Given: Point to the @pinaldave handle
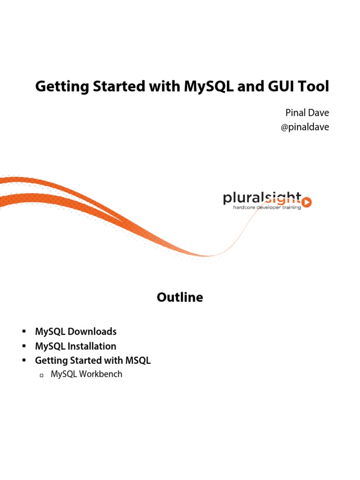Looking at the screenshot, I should tap(305, 127).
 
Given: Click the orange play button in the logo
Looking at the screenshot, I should tap(307, 202).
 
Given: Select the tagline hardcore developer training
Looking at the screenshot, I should tap(268, 207).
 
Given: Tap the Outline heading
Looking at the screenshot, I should tap(180, 297).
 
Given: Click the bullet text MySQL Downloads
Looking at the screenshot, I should tap(75, 331).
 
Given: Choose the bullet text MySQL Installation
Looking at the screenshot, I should tap(75, 346).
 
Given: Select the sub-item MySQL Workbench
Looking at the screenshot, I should tap(86, 374).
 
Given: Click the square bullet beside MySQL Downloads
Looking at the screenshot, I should tap(23, 331).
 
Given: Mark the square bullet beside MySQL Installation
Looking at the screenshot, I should tap(23, 346).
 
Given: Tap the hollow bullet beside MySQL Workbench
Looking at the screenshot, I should tap(41, 375).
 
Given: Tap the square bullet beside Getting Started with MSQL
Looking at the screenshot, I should tap(23, 360).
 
